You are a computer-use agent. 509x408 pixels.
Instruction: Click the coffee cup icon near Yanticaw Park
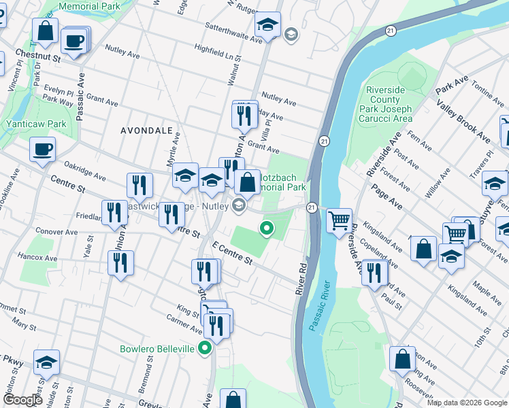coord(42,150)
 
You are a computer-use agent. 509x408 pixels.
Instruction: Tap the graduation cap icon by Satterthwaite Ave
coord(268,25)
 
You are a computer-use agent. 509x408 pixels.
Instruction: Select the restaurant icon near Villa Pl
coord(245,114)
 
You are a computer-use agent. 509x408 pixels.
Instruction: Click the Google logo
coord(22,401)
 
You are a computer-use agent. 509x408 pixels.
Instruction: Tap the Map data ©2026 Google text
coord(467,403)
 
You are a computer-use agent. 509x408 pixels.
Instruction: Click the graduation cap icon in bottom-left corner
coord(46,362)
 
